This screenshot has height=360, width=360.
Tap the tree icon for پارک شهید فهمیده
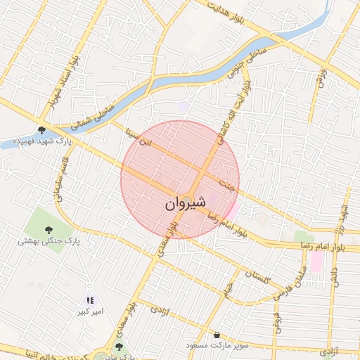(42, 129)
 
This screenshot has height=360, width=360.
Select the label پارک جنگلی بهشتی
(50, 241)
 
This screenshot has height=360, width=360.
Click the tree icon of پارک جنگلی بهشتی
(49, 229)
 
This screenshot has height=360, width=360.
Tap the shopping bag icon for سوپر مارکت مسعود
(217, 335)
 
